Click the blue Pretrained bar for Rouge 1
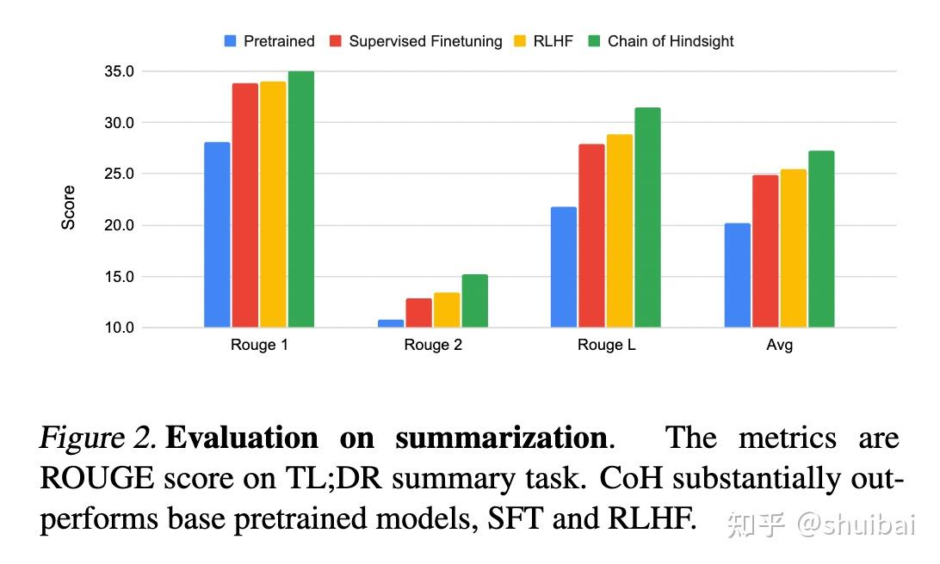point(217,235)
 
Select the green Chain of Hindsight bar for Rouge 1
point(301,199)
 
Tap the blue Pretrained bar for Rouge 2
point(390,323)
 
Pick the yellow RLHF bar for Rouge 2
point(446,310)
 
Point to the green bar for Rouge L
point(647,218)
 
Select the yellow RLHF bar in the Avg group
point(793,248)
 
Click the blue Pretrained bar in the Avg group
point(737,275)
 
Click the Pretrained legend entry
point(269,41)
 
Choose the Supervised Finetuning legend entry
point(416,41)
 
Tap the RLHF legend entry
point(544,41)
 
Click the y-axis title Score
point(69,207)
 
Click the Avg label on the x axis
point(779,346)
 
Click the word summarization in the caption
point(501,438)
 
